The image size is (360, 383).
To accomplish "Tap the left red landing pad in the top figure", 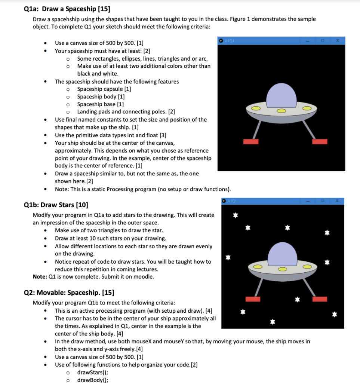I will [x=251, y=142].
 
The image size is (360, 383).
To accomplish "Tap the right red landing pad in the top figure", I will [x=320, y=142].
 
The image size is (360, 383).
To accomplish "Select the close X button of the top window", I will [x=337, y=40].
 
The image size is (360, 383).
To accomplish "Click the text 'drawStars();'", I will [x=92, y=373].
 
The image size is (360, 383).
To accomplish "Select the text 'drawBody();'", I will [x=92, y=380].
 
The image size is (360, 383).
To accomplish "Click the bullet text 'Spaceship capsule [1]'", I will [x=104, y=89].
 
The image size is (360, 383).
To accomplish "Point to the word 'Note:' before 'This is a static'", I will [x=62, y=189].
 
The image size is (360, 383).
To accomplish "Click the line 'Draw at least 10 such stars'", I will [x=111, y=238].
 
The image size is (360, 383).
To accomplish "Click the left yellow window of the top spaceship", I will [x=256, y=108].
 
